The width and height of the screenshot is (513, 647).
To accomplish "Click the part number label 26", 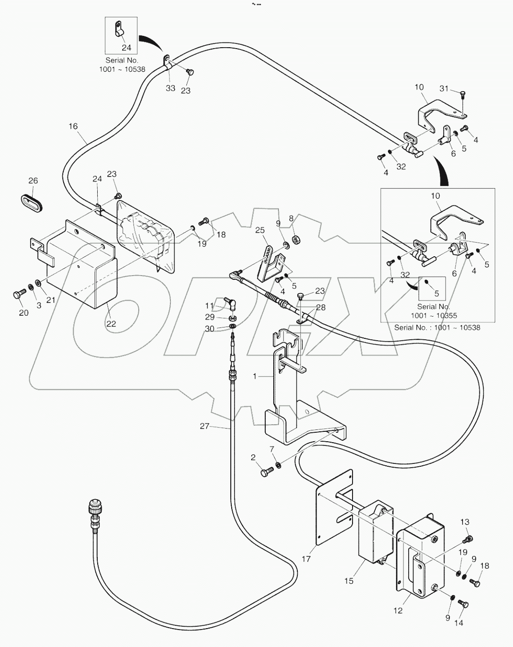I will click(33, 181).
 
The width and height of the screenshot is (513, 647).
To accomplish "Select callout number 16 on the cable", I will click(73, 126).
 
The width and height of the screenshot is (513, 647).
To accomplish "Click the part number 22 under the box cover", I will click(111, 324).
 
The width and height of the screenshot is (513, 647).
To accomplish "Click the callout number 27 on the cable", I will click(204, 426).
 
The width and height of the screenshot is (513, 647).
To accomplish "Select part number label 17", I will click(306, 559).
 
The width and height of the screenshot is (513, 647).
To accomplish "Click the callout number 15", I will click(349, 581).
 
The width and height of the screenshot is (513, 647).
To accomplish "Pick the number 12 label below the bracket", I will click(398, 610).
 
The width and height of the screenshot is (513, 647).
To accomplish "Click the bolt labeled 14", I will click(463, 605).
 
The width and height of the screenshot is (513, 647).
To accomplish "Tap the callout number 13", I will click(465, 522).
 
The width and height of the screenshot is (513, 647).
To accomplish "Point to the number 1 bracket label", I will click(255, 377).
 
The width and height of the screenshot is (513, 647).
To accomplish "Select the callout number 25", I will click(260, 230).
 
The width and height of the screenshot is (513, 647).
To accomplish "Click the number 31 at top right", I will click(444, 89).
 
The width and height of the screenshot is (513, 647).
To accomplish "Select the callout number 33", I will click(170, 88).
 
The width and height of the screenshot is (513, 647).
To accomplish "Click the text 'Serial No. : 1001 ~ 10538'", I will click(437, 327).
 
